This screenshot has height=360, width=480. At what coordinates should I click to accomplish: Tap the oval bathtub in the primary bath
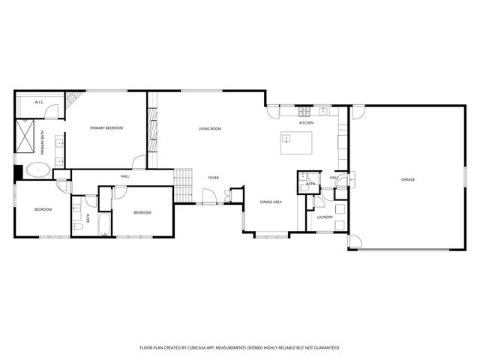(x=38, y=170)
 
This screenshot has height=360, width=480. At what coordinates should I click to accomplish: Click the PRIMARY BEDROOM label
(x=106, y=128)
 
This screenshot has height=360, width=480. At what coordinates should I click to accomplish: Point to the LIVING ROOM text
(x=209, y=129)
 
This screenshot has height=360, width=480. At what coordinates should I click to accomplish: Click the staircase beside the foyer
(x=184, y=185)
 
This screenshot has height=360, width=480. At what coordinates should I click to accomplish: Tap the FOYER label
(x=214, y=178)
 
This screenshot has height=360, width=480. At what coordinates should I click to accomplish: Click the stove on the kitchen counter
(x=323, y=112)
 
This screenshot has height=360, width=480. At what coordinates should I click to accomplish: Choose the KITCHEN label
(x=306, y=122)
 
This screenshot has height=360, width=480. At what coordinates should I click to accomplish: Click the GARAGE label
(x=407, y=179)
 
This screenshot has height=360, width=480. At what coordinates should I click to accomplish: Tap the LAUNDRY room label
(x=325, y=217)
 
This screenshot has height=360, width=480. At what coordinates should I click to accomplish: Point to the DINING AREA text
(x=271, y=202)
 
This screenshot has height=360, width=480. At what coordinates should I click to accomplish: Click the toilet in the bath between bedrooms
(x=77, y=226)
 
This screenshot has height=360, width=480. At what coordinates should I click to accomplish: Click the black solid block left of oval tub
(x=17, y=173)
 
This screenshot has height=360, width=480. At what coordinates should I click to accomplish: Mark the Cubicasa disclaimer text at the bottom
(x=240, y=347)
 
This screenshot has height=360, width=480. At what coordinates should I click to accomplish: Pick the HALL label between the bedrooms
(x=124, y=176)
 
